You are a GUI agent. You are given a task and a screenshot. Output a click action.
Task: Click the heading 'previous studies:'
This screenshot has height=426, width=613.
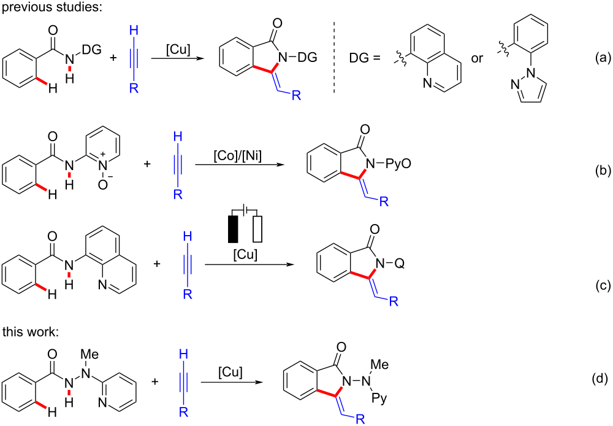(x=52, y=7)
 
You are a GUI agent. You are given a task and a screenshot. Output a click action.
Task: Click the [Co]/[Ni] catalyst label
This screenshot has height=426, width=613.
(x=238, y=155)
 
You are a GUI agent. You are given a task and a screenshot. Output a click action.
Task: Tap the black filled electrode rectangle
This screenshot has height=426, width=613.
(x=233, y=228)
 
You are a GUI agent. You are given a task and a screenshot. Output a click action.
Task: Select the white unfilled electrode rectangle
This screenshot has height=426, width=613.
(x=257, y=228)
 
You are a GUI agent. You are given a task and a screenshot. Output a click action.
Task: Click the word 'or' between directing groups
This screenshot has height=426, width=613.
(x=477, y=59)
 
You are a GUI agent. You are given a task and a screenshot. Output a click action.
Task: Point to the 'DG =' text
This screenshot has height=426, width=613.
(x=364, y=58)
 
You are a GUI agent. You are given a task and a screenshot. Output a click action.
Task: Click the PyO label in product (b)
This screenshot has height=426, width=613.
(x=399, y=163)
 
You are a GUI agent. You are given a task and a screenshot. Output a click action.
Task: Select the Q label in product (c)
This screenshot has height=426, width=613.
(x=400, y=264)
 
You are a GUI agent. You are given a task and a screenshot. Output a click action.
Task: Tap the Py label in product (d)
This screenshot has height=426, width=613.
(x=379, y=398)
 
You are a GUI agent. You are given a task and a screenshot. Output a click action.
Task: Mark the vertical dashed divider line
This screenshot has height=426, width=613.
(x=334, y=58)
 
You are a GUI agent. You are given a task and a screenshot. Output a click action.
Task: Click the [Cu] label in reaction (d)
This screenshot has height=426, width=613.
(x=230, y=372)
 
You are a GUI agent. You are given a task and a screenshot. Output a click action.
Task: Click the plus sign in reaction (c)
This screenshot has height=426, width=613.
(x=157, y=264)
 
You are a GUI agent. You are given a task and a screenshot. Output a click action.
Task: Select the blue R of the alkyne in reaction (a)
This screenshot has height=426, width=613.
(x=134, y=88)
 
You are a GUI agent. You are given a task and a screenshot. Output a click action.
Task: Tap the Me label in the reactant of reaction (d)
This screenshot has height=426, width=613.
(x=89, y=355)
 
